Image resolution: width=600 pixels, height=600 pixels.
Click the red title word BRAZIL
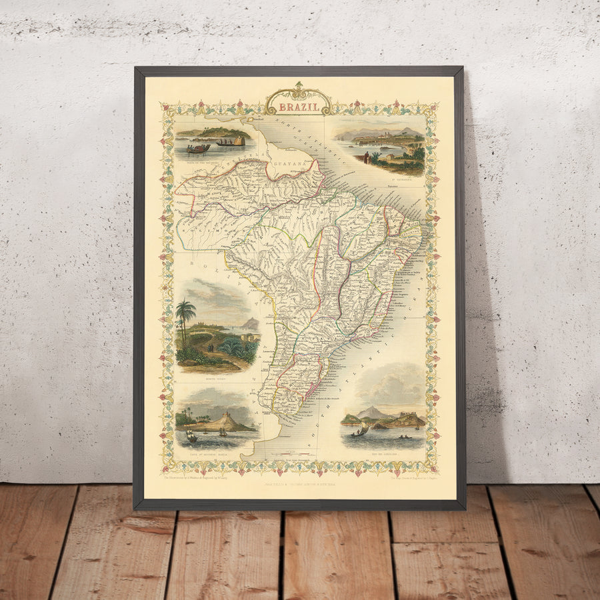pyautogui.click(x=297, y=105)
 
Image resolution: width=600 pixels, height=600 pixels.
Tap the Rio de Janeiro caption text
pyautogui.click(x=383, y=451)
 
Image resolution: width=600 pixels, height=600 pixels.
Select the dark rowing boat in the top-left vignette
pyautogui.click(x=198, y=149)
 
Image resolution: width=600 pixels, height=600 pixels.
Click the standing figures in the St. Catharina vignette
pyautogui.click(x=365, y=158)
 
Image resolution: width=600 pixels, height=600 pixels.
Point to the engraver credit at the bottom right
pyautogui.click(x=405, y=477)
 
